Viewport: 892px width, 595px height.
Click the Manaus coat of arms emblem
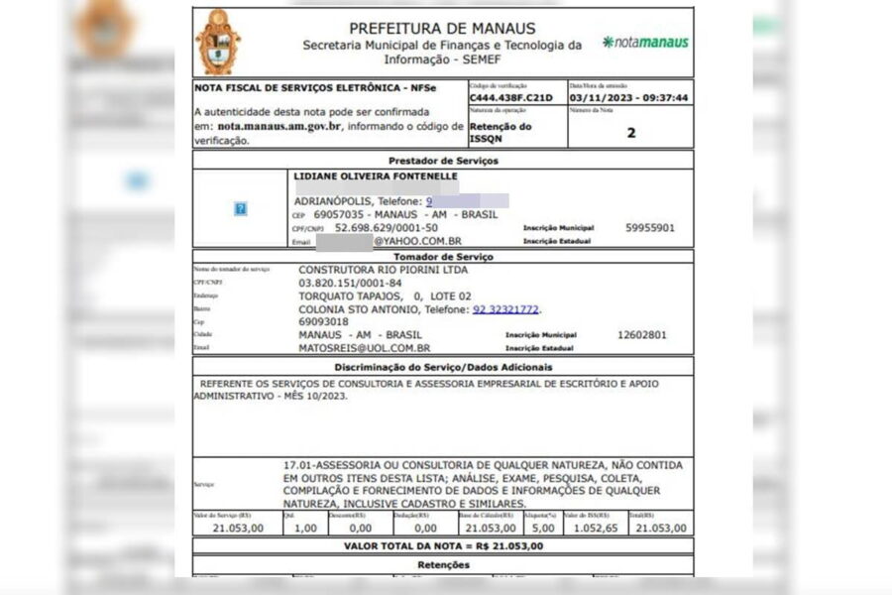point(218,42)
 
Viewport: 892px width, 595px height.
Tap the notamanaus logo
point(645,43)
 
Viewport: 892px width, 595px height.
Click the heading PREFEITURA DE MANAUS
point(442,28)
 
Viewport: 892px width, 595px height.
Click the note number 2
point(631,132)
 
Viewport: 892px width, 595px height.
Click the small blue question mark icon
point(241,209)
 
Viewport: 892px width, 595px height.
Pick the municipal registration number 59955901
point(650,228)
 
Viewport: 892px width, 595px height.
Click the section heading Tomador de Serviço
point(443,257)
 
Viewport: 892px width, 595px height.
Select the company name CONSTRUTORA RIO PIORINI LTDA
point(383,270)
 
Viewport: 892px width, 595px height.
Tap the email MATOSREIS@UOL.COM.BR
point(365,348)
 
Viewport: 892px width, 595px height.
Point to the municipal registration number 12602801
point(642,335)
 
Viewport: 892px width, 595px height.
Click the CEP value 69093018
point(323,322)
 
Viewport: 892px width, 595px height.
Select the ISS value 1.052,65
point(591,529)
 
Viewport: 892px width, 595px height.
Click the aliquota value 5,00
point(541,529)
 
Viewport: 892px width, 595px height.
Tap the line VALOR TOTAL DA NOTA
point(443,546)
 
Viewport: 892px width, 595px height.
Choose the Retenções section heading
point(443,565)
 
